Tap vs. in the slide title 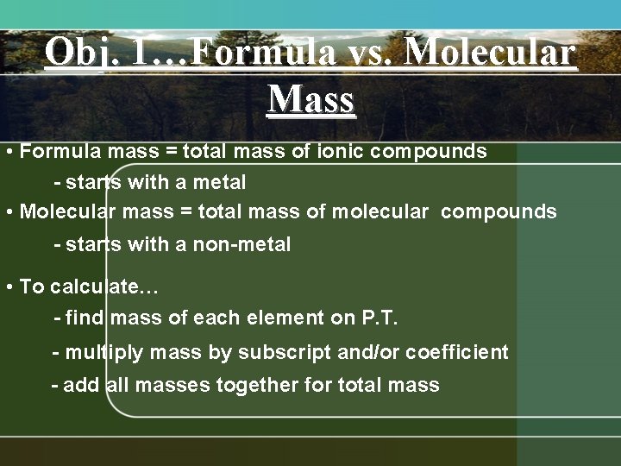click(367, 54)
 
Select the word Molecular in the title click(489, 54)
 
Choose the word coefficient click(456, 353)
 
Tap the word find click(85, 318)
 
